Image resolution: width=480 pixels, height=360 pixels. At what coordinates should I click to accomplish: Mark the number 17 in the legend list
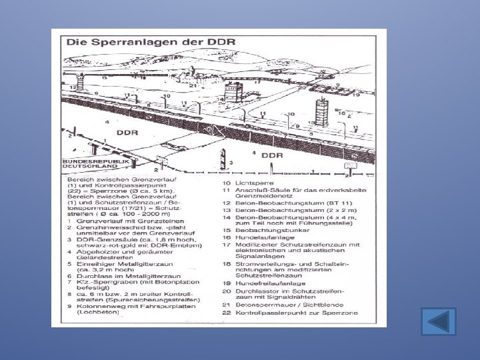(x=227, y=244)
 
